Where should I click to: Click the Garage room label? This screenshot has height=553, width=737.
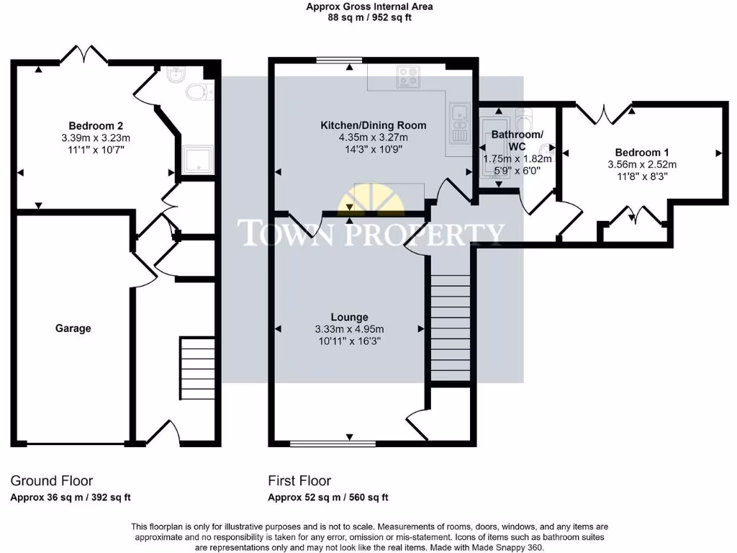tap(73, 328)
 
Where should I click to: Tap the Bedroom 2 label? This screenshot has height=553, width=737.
tap(96, 125)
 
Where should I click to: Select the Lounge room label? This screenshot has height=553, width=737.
tap(349, 317)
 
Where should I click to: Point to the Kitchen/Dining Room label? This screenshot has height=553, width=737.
tap(373, 125)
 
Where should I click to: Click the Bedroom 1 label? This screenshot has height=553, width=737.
tap(642, 152)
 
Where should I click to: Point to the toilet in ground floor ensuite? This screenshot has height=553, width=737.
tap(196, 91)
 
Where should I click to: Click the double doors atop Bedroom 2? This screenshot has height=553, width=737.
tap(84, 55)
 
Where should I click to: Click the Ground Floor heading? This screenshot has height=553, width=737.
tap(51, 480)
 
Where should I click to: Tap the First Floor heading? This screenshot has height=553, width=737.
tap(299, 480)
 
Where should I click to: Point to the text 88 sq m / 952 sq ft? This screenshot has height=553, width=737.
tap(370, 18)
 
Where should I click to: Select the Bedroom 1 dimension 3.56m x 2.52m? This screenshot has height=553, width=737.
tap(642, 164)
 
